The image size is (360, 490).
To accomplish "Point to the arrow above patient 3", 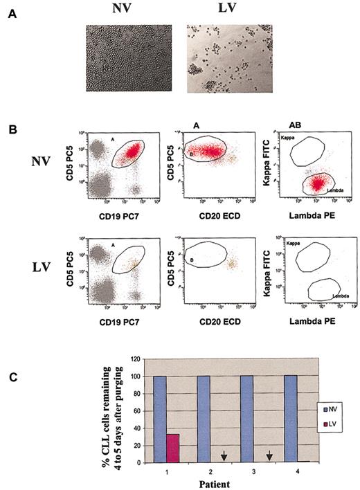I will click(269, 455).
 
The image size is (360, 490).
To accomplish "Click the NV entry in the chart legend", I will click(335, 409).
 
